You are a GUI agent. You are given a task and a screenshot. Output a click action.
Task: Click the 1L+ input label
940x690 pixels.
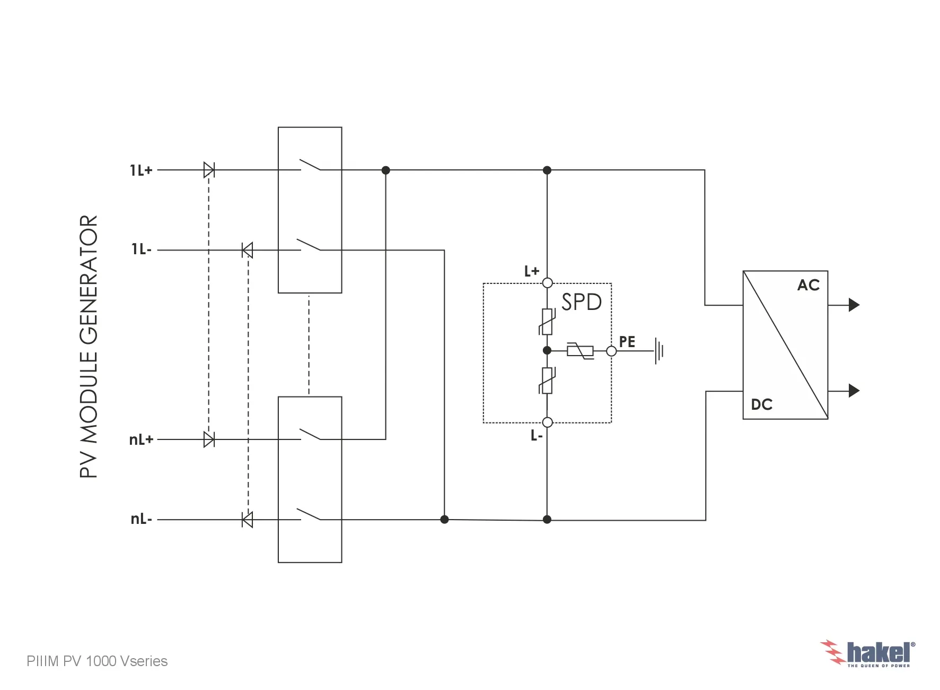pos(141,170)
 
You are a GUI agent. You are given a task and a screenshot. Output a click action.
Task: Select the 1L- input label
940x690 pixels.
pos(142,249)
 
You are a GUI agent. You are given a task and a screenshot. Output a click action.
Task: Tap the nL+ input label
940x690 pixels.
pos(141,439)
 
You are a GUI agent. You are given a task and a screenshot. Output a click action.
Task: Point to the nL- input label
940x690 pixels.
pos(142,519)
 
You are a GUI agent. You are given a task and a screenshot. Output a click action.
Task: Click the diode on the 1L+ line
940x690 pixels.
pos(209,170)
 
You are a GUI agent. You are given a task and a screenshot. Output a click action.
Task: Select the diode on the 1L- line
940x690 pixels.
pos(247,250)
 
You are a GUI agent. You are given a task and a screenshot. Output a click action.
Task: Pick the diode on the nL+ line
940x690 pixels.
pos(209,439)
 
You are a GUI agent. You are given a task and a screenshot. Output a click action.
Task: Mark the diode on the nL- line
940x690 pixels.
pos(247,520)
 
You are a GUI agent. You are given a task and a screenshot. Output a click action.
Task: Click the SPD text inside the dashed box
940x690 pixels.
pos(582,302)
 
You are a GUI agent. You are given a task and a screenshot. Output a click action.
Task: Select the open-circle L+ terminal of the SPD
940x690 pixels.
pos(548,283)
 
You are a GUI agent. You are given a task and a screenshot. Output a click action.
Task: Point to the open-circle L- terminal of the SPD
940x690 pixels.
pos(548,422)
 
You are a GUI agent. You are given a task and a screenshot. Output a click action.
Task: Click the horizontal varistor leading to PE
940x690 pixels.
pos(580,351)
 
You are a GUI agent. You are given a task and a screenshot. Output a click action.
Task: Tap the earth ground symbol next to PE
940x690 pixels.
pos(659,351)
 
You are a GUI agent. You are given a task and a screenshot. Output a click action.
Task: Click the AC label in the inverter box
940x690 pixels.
pos(809,286)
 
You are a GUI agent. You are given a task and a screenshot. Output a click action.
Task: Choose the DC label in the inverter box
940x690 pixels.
pos(762,405)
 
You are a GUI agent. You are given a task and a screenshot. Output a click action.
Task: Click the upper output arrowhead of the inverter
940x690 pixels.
pos(854,305)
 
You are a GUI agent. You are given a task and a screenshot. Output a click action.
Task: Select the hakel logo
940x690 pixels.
pos(867,653)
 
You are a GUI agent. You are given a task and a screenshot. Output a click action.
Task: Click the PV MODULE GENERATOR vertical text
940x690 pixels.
pos(89,347)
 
